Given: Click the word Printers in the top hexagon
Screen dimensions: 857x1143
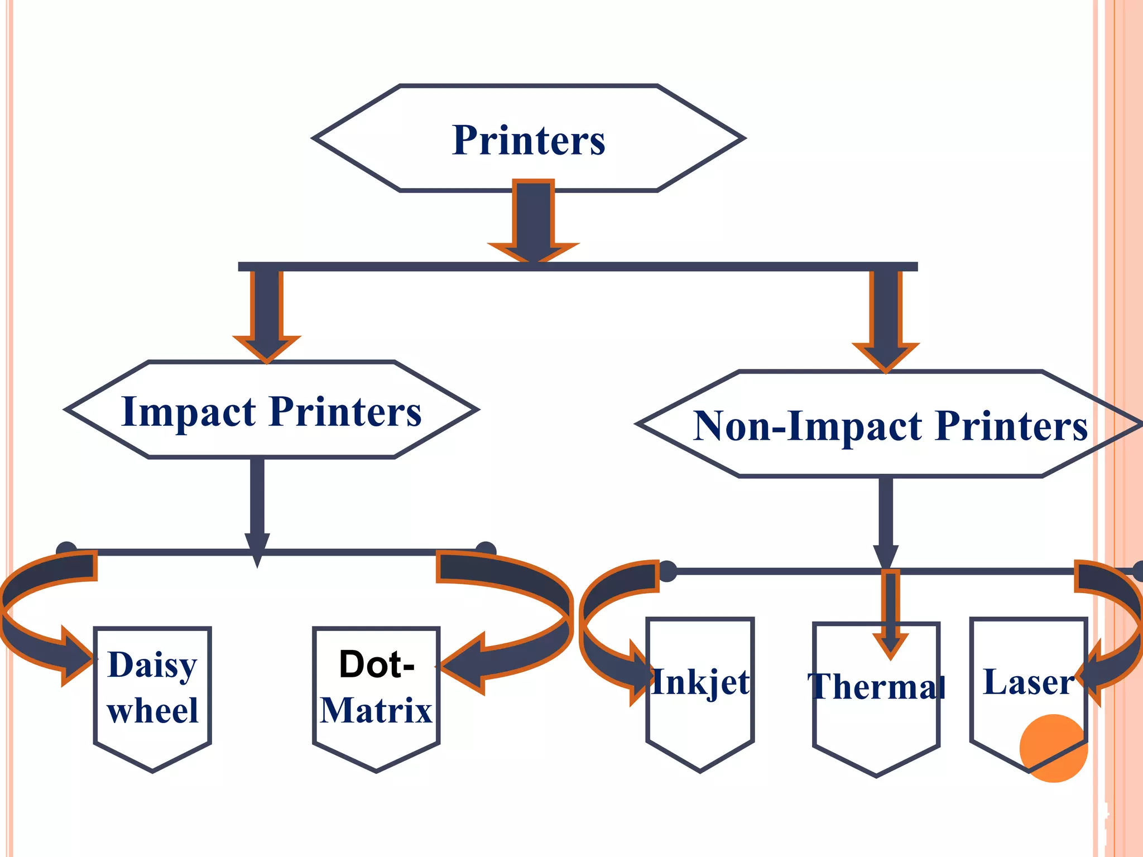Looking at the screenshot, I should pos(529,140).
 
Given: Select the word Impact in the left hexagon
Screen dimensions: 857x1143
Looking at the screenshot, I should pos(189,412).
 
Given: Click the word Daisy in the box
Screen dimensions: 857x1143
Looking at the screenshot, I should pos(152,665).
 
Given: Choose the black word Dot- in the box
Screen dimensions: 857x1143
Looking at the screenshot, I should pos(377,664).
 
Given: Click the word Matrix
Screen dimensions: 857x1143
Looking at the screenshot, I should pos(377,710).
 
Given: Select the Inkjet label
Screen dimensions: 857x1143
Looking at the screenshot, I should pos(700,682).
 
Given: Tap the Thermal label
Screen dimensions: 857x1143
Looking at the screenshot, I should pos(876,686).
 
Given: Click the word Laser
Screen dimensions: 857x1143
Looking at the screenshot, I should pos(1028,682).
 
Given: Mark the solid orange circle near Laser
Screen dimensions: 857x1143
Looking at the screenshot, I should pos(1053,748).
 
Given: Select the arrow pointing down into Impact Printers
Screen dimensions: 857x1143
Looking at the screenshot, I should pos(267,315).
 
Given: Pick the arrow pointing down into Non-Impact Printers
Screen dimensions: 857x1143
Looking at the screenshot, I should pos(886,321).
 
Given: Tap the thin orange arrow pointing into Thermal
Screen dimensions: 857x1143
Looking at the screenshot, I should pos(891,614).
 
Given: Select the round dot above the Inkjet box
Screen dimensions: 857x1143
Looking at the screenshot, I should pos(667,571).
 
